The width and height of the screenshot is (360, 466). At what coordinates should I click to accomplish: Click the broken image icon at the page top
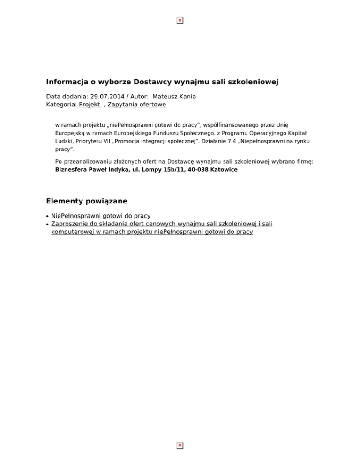(x=180, y=21)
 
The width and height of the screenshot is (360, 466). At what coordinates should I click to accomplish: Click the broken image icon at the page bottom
(x=180, y=445)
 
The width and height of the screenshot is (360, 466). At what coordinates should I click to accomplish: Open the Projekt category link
(x=90, y=105)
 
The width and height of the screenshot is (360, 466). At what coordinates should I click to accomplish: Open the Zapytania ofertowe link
(x=136, y=105)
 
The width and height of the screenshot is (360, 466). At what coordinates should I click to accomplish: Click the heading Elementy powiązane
(x=87, y=201)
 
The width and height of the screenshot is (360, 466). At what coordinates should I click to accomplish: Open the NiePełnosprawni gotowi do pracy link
(x=101, y=216)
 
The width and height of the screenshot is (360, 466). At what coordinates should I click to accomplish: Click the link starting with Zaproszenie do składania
(x=162, y=224)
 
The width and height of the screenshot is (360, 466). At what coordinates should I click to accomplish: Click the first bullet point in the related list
(x=48, y=216)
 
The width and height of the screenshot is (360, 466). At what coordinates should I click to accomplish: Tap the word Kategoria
(x=60, y=105)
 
